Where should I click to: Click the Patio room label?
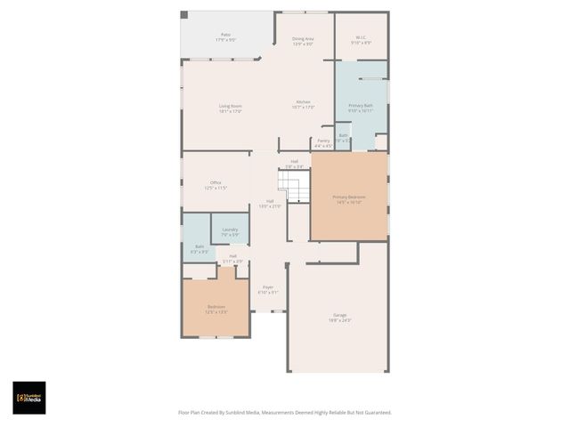(x=225, y=35)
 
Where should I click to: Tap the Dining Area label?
(x=303, y=39)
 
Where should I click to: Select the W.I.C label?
(x=361, y=37)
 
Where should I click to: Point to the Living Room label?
(x=231, y=106)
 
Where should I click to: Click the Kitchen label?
(x=304, y=103)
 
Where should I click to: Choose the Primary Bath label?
(x=361, y=106)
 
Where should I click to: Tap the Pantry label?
(x=322, y=141)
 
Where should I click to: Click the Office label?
(x=216, y=182)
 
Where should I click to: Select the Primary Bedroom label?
(x=348, y=197)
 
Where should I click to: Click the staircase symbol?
(x=293, y=186)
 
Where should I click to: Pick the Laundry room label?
(x=230, y=229)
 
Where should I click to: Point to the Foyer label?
(x=267, y=286)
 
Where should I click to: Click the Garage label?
(x=339, y=315)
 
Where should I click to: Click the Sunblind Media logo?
(x=28, y=398)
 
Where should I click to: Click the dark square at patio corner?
(x=184, y=15)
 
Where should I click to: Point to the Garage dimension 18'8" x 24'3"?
(x=339, y=320)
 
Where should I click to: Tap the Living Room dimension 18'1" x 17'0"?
(x=231, y=111)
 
